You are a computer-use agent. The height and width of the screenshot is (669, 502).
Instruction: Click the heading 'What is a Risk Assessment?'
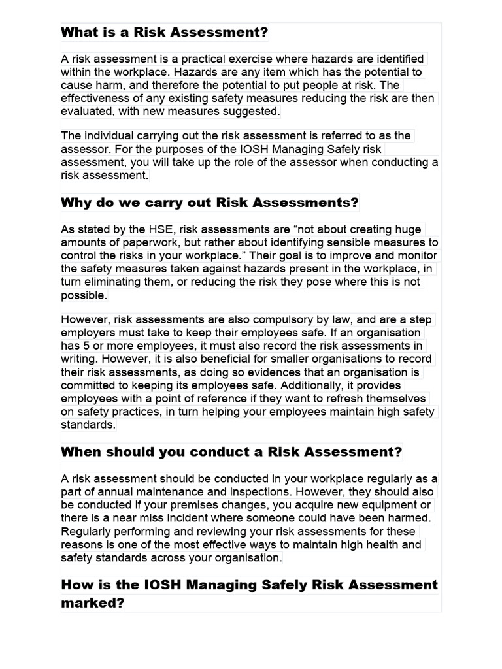pyautogui.click(x=165, y=33)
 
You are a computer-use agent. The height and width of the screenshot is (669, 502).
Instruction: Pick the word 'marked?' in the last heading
pyautogui.click(x=92, y=603)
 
